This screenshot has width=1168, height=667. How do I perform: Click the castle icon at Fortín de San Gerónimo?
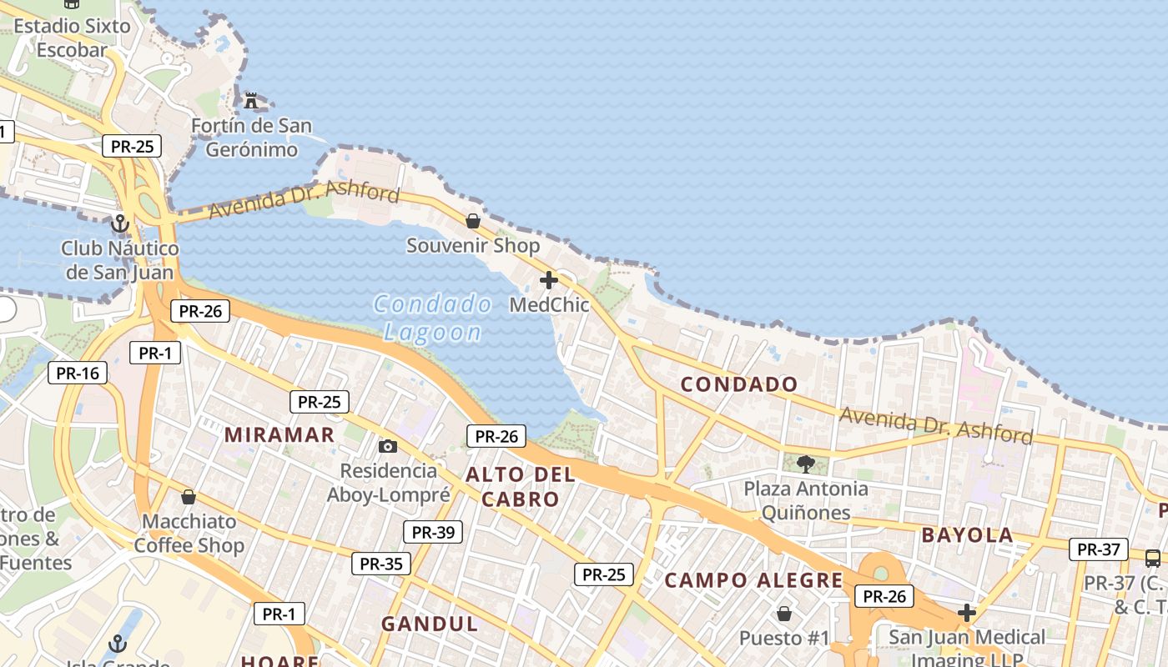click(251, 101)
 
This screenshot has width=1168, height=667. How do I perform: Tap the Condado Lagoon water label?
click(432, 318)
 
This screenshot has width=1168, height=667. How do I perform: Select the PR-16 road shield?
click(78, 373)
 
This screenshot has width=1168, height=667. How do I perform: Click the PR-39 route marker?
click(433, 532)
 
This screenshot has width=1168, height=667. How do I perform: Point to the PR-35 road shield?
click(381, 564)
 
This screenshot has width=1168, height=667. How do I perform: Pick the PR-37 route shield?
click(1099, 549)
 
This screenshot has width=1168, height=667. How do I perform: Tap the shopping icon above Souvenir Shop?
click(473, 221)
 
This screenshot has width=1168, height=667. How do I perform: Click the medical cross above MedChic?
click(549, 280)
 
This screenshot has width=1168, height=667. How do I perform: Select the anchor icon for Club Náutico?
click(120, 223)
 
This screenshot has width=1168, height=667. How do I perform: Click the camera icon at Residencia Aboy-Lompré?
click(388, 446)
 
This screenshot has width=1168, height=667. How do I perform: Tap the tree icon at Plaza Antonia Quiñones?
click(806, 464)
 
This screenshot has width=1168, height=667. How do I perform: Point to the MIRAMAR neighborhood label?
click(279, 434)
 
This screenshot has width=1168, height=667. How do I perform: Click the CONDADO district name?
click(739, 384)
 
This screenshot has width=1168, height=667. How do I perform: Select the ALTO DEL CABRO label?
click(521, 487)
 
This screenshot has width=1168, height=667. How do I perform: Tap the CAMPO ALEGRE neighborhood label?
click(753, 580)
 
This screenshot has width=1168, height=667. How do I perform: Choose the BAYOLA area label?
click(967, 535)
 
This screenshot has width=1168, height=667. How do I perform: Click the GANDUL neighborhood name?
click(430, 624)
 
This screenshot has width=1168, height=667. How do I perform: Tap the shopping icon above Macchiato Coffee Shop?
click(189, 497)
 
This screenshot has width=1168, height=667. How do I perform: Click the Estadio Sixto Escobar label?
click(72, 38)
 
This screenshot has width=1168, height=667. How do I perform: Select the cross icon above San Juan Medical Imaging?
click(967, 613)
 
